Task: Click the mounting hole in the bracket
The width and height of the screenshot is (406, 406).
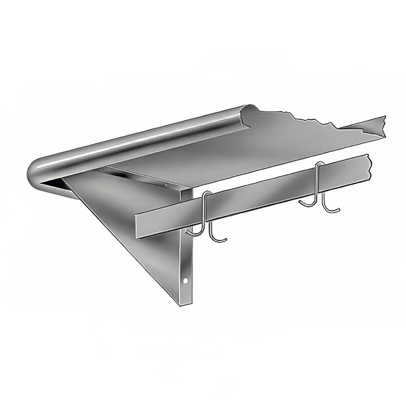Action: click(x=186, y=280)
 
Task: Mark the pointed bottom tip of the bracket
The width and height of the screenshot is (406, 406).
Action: click(x=181, y=302)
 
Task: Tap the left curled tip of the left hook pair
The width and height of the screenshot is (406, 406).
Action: click(x=188, y=232)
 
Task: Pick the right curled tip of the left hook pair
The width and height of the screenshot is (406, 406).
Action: click(x=225, y=240)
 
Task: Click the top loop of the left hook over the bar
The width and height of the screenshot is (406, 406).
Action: click(x=207, y=194)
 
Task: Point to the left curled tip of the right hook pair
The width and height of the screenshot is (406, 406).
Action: click(x=301, y=201)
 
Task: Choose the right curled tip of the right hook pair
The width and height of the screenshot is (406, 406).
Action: click(x=337, y=209)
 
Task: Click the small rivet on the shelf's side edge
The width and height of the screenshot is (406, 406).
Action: click(x=166, y=185)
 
